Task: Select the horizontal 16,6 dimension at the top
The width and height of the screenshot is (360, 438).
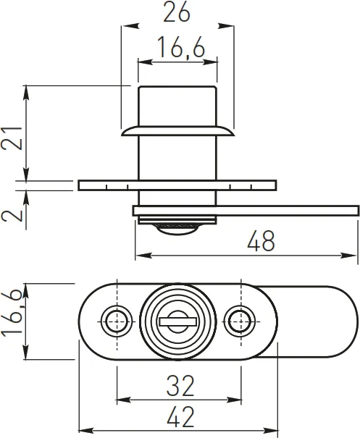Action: tap(177, 49)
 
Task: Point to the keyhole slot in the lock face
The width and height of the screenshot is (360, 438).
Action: tap(177, 319)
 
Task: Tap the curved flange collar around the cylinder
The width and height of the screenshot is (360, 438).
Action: tap(177, 131)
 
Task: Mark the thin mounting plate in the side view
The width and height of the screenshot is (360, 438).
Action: tap(177, 185)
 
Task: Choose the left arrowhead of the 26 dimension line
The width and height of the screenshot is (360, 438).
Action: tap(125, 26)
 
